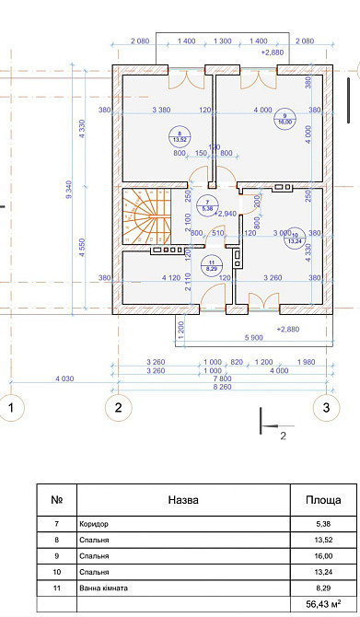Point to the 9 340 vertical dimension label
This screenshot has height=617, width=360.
(x=69, y=194)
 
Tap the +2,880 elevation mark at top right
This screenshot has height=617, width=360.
(x=273, y=53)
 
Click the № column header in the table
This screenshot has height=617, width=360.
(x=57, y=500)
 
